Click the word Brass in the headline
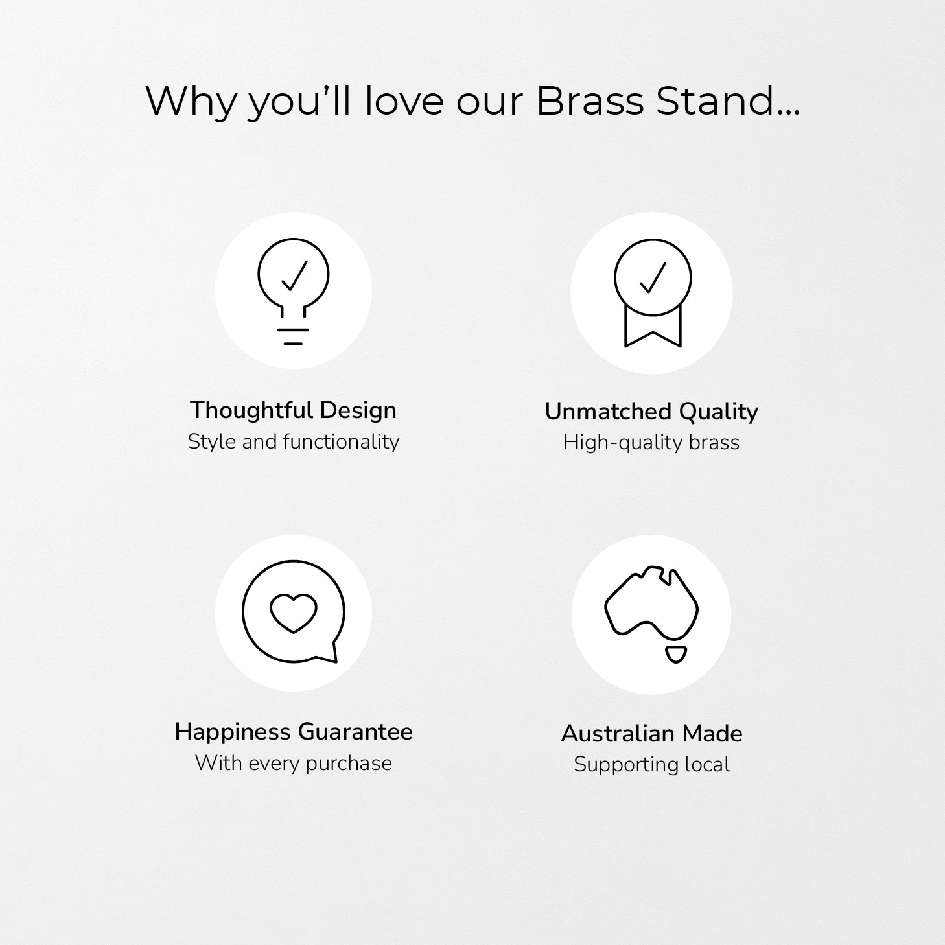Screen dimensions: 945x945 pyautogui.click(x=590, y=102)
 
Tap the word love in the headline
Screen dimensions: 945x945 pyautogui.click(x=404, y=102)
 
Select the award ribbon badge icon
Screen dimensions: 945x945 pyautogui.click(x=653, y=293)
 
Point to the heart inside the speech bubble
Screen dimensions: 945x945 pyautogui.click(x=293, y=613)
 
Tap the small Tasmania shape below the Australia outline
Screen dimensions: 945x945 pyautogui.click(x=676, y=655)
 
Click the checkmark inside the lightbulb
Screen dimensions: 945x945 pyautogui.click(x=295, y=275)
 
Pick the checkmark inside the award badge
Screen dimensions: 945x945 pyautogui.click(x=653, y=277)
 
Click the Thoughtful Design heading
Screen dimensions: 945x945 pyautogui.click(x=293, y=410)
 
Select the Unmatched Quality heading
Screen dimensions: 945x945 pyautogui.click(x=651, y=412)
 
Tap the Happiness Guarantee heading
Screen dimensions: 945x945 pyautogui.click(x=293, y=732)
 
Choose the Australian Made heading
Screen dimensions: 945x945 pyautogui.click(x=652, y=734)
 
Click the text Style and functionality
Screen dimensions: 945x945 pyautogui.click(x=293, y=442)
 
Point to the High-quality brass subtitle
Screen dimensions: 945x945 pyautogui.click(x=651, y=443)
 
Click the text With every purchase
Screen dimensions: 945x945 pyautogui.click(x=293, y=763)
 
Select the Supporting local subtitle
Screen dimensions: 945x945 pyautogui.click(x=652, y=765)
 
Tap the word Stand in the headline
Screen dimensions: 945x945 pyautogui.click(x=728, y=102)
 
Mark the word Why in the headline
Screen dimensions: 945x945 pyautogui.click(x=191, y=102)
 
